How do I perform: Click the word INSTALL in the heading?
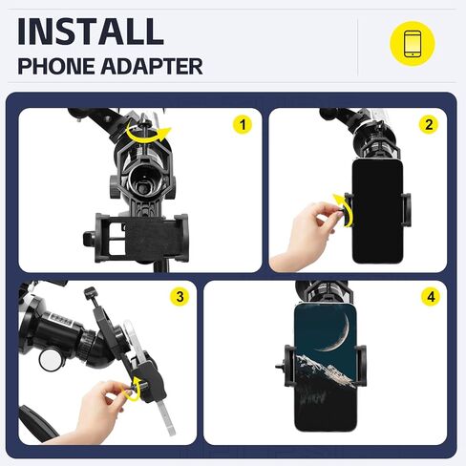tap(91, 31)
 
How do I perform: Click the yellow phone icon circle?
tap(412, 44)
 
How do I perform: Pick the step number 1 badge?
tap(242, 125)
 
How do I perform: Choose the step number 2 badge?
tap(429, 125)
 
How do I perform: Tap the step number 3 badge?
tap(179, 297)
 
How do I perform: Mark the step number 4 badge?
tap(430, 297)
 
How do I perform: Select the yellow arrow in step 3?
tap(141, 387)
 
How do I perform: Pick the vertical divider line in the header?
tap(358, 46)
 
